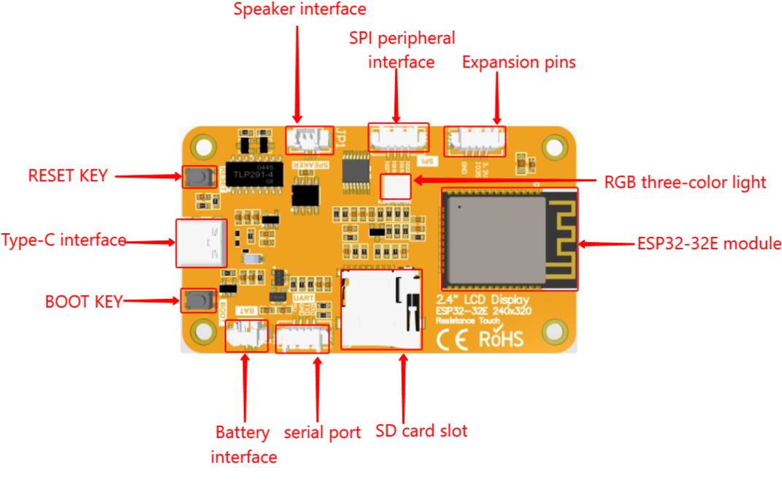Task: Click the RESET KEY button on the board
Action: (x=194, y=175)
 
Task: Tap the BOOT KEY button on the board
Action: (x=194, y=299)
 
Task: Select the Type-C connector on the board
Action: (x=202, y=242)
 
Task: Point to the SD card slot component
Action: (x=382, y=307)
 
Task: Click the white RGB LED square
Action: (x=396, y=188)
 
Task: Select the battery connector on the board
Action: (x=245, y=336)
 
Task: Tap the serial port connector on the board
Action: (x=302, y=339)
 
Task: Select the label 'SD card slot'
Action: (x=421, y=431)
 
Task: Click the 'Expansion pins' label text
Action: (x=519, y=63)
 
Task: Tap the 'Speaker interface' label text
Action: (x=299, y=10)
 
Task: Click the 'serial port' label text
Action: (x=322, y=433)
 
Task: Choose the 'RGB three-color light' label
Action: (x=684, y=183)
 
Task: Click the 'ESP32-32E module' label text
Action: (x=708, y=243)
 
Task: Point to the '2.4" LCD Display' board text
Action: (x=483, y=300)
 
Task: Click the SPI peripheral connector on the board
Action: (x=398, y=136)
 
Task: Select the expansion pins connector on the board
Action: (x=475, y=139)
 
